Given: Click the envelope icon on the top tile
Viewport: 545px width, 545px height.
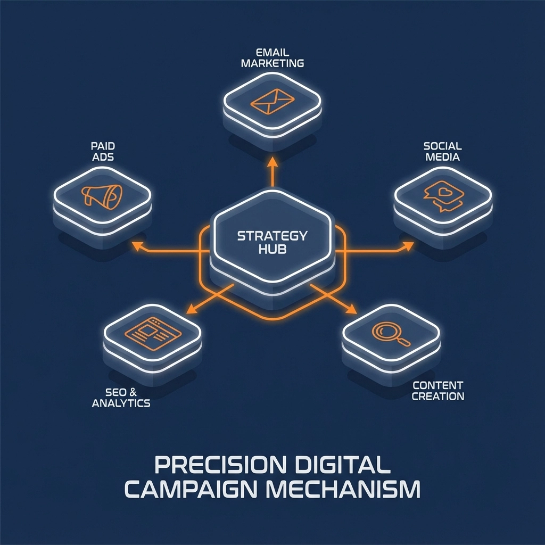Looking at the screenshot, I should pos(272,100).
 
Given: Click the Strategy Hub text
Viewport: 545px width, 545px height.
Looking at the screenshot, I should pos(271,242).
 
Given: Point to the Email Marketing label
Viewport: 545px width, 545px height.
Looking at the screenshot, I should pos(272,57).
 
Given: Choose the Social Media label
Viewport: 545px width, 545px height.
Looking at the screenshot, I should pos(442,151).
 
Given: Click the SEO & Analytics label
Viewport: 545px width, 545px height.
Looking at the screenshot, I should pos(121,397).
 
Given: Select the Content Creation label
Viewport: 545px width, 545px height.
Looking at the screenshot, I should pos(437,390).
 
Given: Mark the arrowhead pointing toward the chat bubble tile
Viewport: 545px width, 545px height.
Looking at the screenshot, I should pos(408,246).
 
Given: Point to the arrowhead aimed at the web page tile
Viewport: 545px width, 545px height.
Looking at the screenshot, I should pos(189,309).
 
